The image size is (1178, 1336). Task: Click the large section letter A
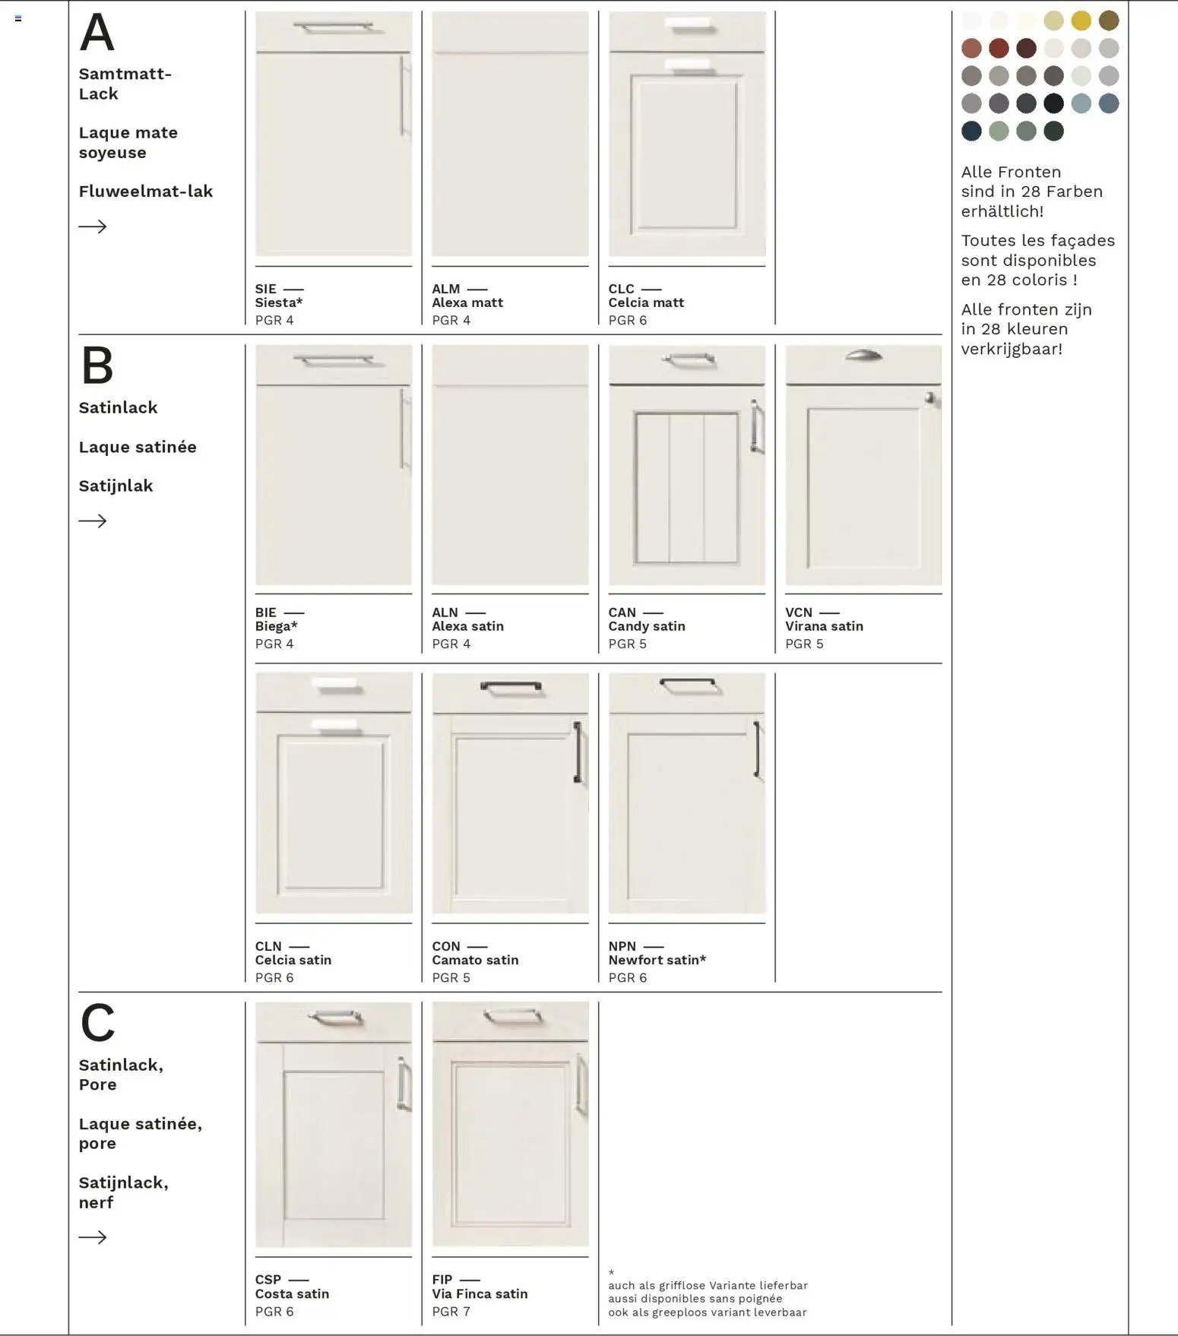(x=97, y=33)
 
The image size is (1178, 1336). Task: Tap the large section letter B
(x=97, y=366)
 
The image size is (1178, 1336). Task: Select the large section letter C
(x=97, y=1023)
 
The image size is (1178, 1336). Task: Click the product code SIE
(x=266, y=289)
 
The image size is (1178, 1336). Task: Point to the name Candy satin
(x=647, y=626)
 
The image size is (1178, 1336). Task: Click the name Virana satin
(x=824, y=626)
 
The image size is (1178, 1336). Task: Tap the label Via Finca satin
(x=480, y=1293)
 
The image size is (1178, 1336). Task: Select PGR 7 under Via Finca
(x=451, y=1311)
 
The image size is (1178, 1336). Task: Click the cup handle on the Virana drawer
(x=863, y=355)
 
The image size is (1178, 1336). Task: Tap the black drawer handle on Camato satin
(x=511, y=687)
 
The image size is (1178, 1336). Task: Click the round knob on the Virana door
(x=929, y=397)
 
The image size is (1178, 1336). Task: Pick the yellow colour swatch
(x=1081, y=21)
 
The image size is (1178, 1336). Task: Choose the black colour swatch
(x=1053, y=103)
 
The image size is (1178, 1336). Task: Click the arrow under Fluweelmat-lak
(x=93, y=226)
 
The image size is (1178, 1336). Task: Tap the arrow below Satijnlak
(x=93, y=521)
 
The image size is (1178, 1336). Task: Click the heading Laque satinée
(x=138, y=447)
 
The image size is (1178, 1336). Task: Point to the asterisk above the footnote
(x=611, y=1272)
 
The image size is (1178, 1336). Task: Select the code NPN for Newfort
(x=622, y=946)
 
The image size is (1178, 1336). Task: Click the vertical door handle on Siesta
(x=404, y=97)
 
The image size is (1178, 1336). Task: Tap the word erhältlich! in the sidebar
(x=1002, y=211)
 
